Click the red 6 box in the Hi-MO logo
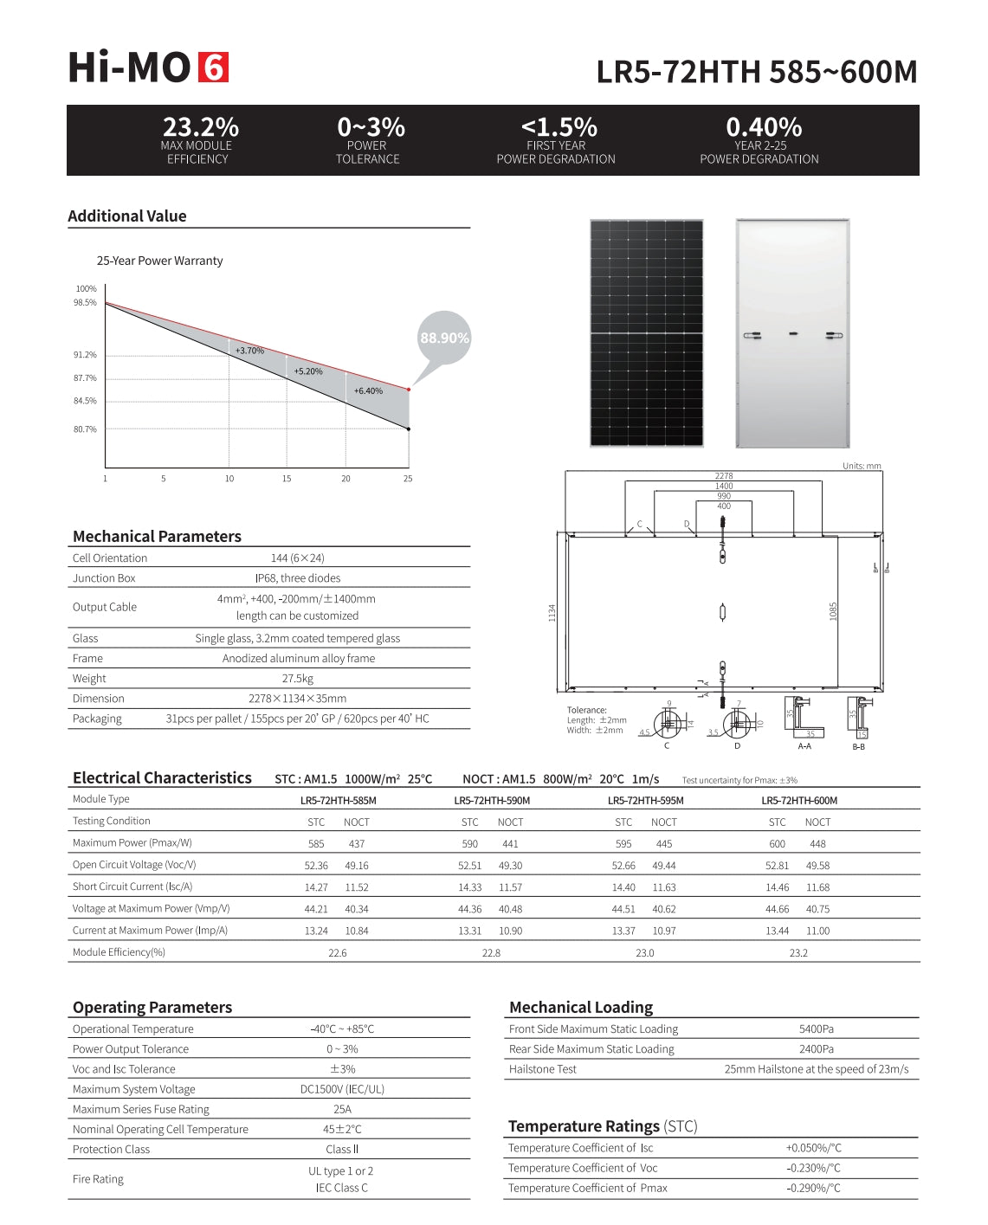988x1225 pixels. click(214, 68)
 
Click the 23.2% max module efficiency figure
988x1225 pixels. click(200, 127)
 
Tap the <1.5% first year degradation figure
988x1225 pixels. click(559, 127)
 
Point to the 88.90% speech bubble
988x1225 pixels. click(444, 338)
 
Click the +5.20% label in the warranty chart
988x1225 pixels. click(308, 371)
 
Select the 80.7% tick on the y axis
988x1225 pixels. click(85, 429)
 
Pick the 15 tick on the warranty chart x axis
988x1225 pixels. click(287, 479)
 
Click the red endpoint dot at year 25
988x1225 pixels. click(409, 390)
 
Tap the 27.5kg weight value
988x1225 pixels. click(297, 679)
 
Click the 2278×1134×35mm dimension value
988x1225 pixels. click(297, 699)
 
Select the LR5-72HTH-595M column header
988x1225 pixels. click(645, 801)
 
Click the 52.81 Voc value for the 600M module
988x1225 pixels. click(777, 866)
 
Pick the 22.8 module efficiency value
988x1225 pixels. click(491, 953)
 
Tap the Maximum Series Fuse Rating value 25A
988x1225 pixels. click(342, 1109)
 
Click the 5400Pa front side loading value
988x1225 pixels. click(816, 1029)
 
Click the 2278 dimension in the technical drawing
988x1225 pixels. click(724, 476)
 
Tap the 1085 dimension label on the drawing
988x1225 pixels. click(834, 611)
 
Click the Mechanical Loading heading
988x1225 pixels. click(581, 1008)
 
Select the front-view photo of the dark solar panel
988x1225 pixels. click(646, 333)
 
